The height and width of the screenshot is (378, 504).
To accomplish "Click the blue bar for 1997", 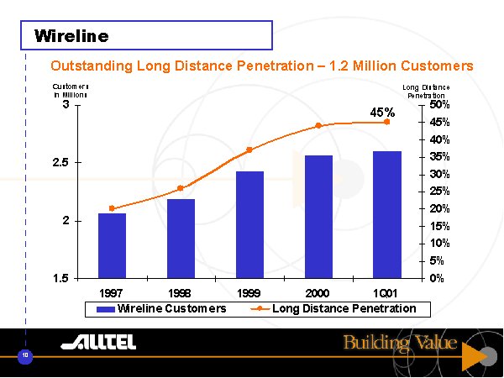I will [112, 245].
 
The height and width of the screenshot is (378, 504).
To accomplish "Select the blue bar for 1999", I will [249, 224].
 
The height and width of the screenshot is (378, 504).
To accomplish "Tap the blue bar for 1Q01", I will [387, 214].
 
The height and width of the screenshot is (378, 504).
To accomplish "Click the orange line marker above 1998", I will [181, 188].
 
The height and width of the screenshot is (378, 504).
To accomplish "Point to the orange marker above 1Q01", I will [387, 122].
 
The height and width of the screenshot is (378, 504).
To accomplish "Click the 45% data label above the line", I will [383, 112].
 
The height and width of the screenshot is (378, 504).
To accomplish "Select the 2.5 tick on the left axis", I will [60, 162].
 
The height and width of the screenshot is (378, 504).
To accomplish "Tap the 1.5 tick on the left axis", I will [60, 278].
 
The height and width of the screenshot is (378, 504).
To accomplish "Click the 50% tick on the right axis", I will [439, 105].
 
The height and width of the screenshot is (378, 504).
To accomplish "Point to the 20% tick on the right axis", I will [439, 208].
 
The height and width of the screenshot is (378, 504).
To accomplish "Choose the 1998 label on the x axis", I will [181, 293].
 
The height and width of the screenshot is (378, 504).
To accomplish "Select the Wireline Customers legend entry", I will [162, 309].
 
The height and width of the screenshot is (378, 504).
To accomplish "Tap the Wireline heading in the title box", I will [71, 36].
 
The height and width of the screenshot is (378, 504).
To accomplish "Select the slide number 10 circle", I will [26, 357].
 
